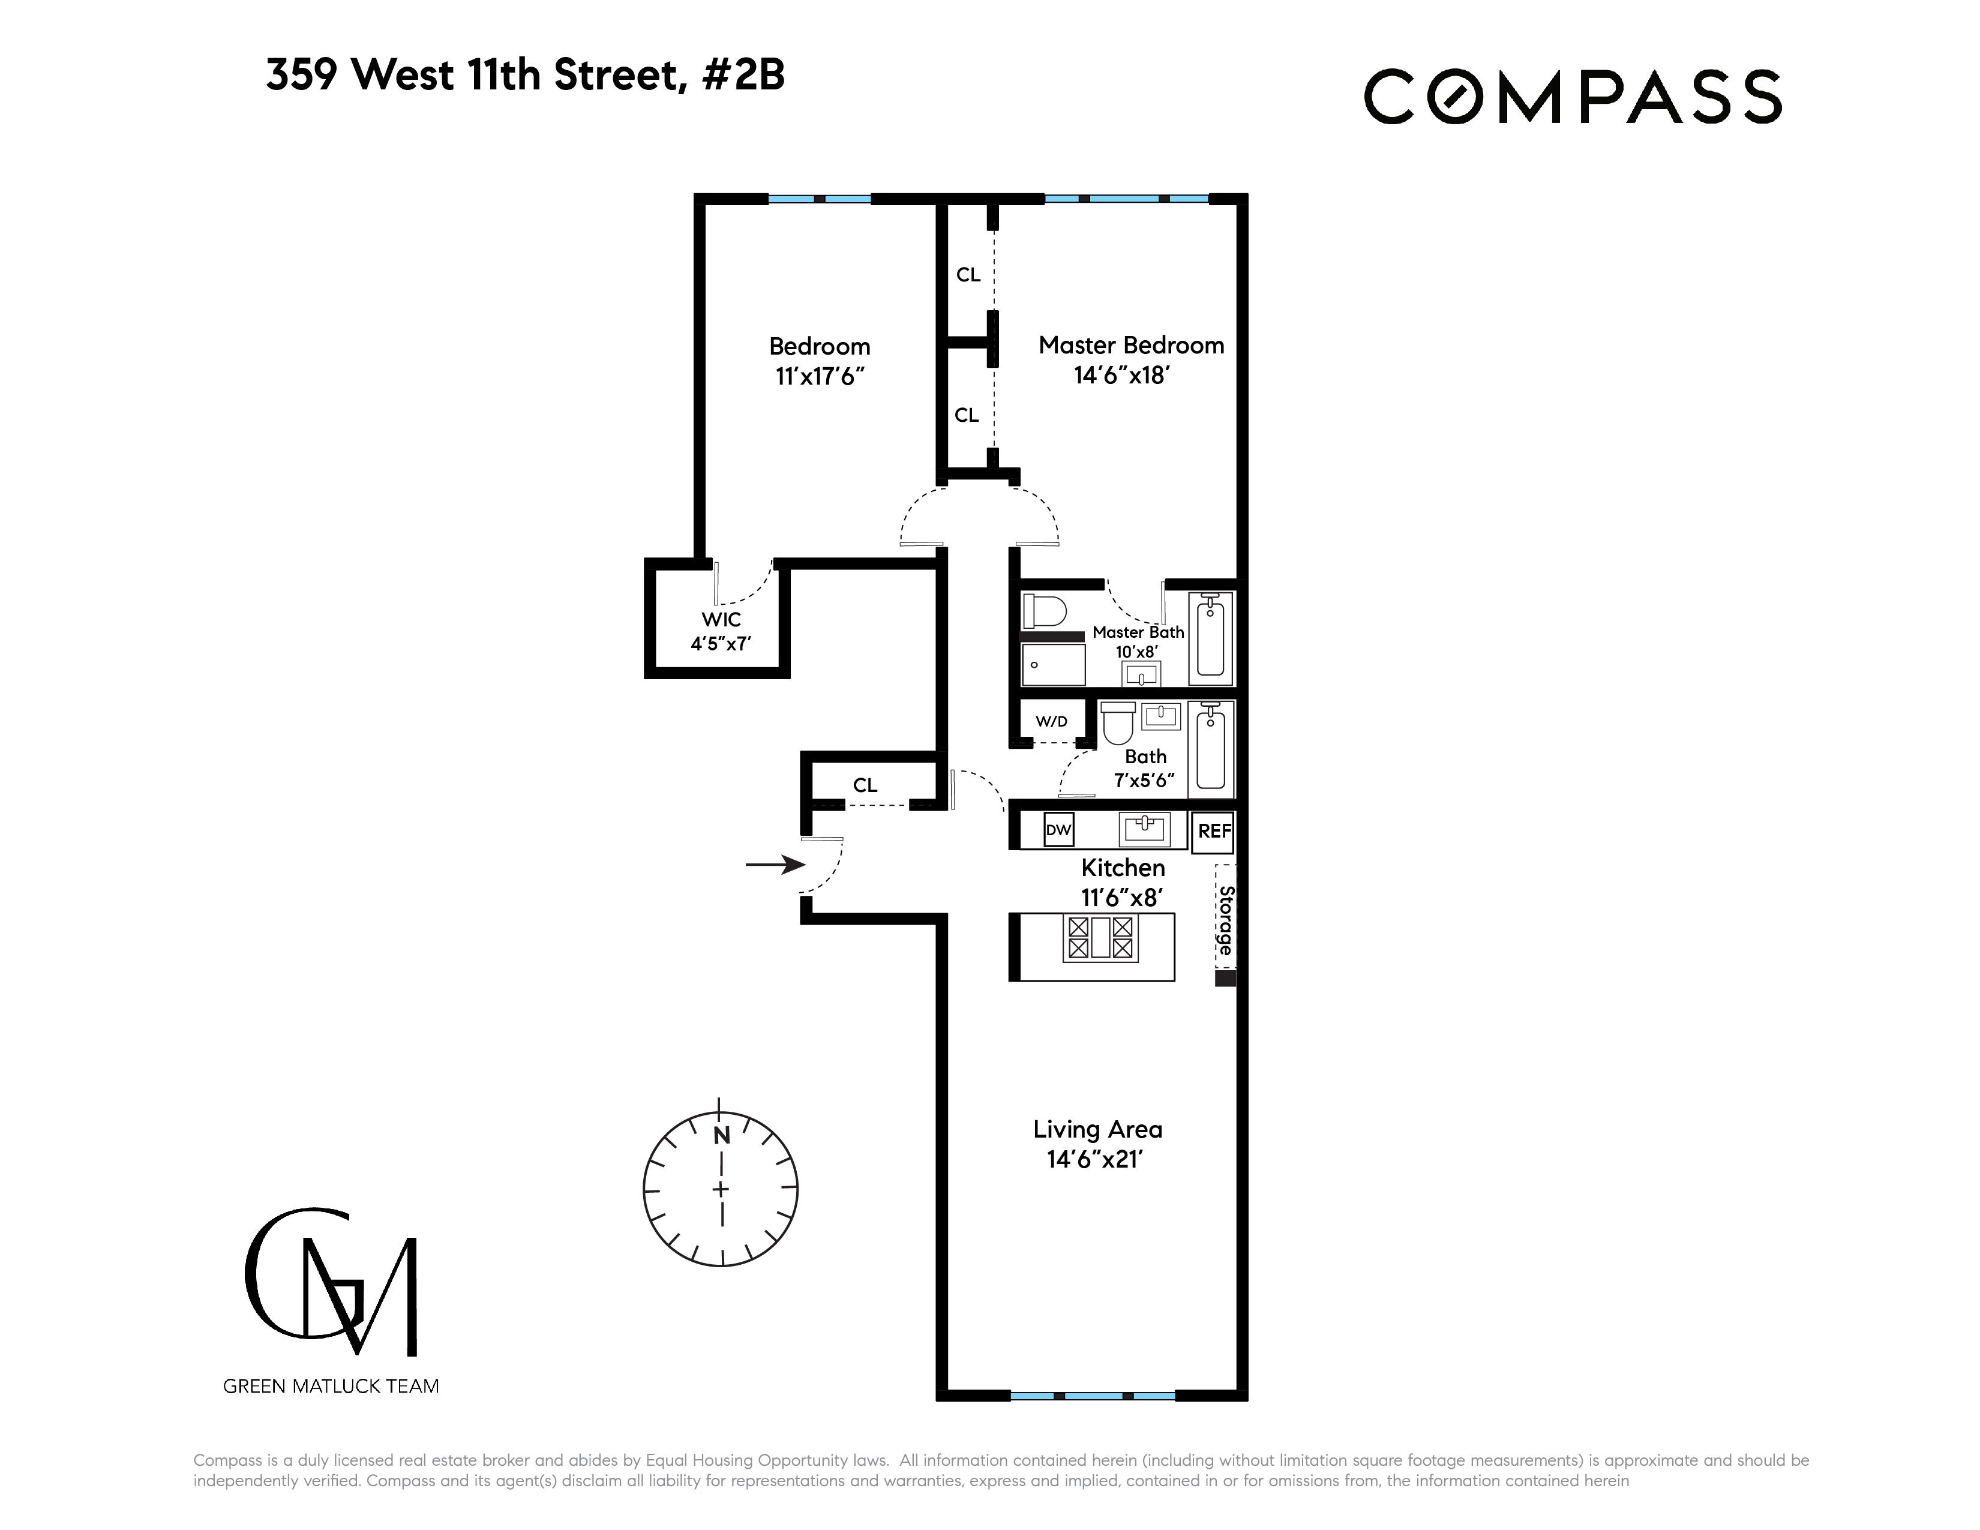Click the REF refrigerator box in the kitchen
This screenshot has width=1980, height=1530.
point(1214,831)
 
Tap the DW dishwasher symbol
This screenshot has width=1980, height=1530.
point(1058,829)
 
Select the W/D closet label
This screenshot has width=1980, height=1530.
point(1052,721)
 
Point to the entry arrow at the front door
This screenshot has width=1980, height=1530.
point(775,865)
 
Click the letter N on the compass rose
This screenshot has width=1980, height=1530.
point(722,1136)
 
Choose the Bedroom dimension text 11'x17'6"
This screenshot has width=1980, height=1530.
point(820,376)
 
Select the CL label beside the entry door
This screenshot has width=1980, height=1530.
point(865,785)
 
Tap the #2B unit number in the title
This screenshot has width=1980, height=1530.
point(743,74)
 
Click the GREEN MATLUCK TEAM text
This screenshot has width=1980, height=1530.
point(331,1386)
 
